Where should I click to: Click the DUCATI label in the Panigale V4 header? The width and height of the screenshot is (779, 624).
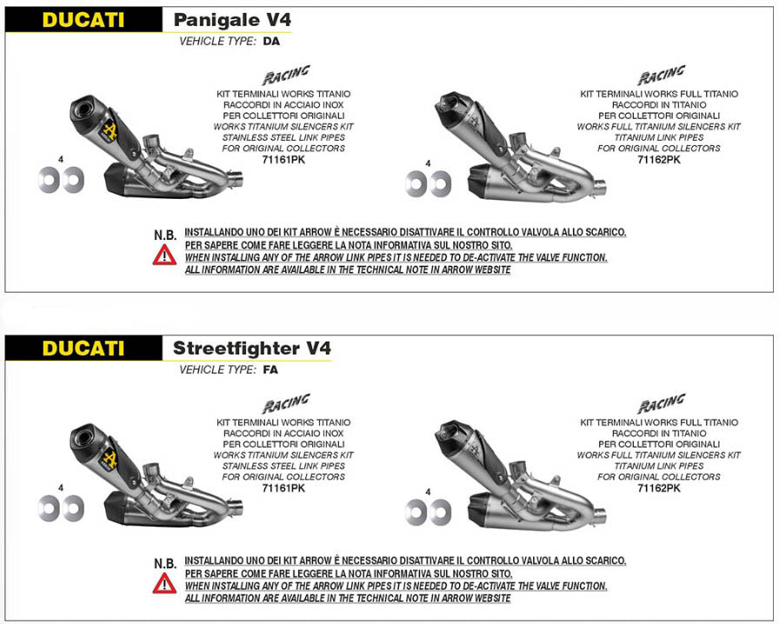(83, 20)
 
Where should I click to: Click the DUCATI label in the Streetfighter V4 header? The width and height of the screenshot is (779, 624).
(83, 349)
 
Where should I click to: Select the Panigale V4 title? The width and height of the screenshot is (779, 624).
(232, 20)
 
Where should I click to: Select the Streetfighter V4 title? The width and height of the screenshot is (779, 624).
(252, 349)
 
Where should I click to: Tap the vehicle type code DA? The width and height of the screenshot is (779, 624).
(271, 41)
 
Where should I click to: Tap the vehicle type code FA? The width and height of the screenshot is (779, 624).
(270, 369)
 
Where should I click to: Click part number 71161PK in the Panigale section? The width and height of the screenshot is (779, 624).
(283, 160)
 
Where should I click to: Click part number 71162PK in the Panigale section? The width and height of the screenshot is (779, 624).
(659, 160)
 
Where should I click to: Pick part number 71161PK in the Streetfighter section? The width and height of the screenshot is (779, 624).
(283, 488)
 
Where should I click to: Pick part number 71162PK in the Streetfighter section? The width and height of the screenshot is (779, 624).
(659, 488)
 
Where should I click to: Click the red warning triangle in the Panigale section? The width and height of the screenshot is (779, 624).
(164, 255)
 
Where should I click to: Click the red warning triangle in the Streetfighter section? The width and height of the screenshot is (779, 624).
(164, 583)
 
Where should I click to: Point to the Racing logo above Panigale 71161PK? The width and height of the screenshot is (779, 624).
(286, 75)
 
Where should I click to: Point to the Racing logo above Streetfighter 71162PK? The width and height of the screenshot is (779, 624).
(662, 403)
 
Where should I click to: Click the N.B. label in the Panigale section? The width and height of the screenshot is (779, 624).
(165, 235)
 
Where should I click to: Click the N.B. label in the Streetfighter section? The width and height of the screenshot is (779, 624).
(165, 563)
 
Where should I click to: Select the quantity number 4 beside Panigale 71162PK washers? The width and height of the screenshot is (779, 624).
(429, 163)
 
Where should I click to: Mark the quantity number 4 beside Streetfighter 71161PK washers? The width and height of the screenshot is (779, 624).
(61, 488)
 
